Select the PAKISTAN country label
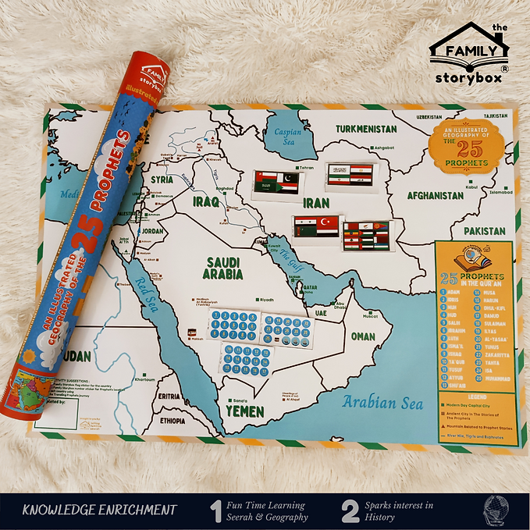[485, 232]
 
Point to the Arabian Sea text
[382, 403]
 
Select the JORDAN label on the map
[153, 231]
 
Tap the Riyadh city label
[267, 299]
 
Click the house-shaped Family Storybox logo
[468, 53]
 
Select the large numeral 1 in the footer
[217, 510]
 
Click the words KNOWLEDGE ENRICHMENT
[99, 510]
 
